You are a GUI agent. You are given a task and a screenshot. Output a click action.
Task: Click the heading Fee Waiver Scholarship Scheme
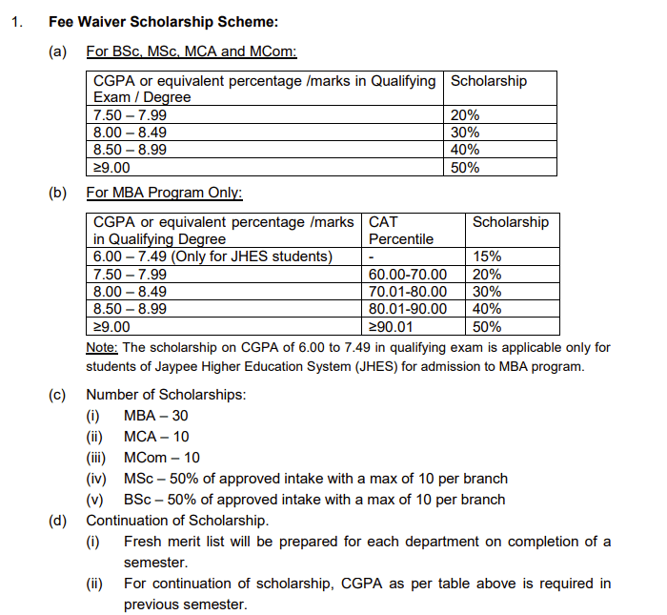point(164,20)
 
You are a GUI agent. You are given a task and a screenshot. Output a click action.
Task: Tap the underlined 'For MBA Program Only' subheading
point(164,193)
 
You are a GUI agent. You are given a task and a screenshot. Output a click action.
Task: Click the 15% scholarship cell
point(488,256)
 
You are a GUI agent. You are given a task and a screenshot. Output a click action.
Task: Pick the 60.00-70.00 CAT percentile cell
point(407,275)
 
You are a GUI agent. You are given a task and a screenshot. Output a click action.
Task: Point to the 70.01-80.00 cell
point(407,292)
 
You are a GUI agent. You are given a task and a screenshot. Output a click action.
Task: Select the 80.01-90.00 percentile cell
point(407,309)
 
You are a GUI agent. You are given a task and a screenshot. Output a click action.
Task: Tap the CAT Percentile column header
point(400,230)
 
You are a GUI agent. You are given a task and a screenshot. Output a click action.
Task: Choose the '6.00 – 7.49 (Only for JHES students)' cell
point(212,256)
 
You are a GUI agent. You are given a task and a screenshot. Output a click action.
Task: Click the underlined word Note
point(102,347)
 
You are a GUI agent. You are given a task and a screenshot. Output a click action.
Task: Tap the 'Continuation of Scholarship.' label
point(177,521)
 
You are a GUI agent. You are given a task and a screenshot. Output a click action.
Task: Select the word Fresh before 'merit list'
point(144,542)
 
